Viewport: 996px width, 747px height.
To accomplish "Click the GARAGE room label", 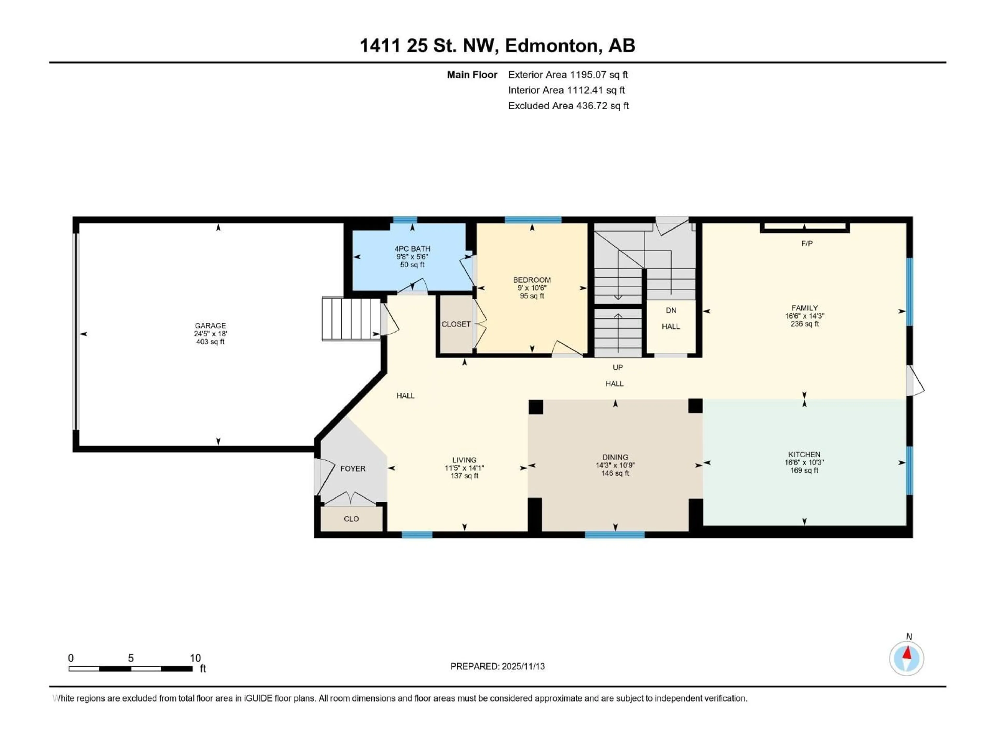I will point(210,326).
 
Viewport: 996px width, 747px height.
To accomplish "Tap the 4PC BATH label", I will point(412,248).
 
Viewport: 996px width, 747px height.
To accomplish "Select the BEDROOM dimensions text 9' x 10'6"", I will point(532,288).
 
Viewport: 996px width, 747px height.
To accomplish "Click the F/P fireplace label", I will point(807,244).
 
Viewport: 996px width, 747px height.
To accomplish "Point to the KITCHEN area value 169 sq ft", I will point(804,471).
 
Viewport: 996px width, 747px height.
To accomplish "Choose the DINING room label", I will point(615,457).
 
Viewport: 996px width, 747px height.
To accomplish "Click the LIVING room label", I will point(464,460).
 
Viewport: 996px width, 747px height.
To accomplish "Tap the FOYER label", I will point(352,469).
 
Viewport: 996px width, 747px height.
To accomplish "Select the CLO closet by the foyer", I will point(351,519).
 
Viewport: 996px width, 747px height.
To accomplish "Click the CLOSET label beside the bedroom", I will point(456,324).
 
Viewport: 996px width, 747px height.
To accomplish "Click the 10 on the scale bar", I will point(195,658).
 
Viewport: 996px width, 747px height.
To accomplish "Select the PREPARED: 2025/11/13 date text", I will point(497,666).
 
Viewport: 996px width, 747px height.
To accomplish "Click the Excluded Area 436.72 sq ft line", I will point(568,106).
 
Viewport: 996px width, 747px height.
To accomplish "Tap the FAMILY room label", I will point(804,308).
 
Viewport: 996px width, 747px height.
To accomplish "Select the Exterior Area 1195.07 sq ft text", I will point(568,75).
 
